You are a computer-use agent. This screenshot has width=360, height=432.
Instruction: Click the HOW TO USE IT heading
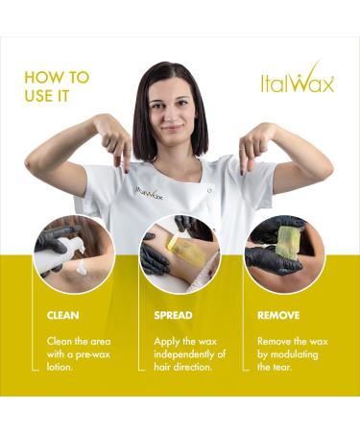point(57,86)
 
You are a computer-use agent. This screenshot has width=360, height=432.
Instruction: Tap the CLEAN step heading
point(62,315)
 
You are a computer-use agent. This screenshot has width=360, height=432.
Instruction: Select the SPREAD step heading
point(173,315)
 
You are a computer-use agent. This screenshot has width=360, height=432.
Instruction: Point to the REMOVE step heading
point(278,315)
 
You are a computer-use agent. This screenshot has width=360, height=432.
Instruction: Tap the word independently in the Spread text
point(183,354)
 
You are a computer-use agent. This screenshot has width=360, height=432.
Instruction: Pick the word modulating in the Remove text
point(294,354)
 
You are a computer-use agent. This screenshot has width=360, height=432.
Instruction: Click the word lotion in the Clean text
point(60,367)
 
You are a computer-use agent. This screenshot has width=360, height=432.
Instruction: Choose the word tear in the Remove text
point(281,367)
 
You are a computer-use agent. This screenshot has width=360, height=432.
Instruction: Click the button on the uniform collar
point(209,191)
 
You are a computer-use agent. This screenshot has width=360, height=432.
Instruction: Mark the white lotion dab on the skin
point(81,266)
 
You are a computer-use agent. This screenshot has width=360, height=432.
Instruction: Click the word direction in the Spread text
point(192,367)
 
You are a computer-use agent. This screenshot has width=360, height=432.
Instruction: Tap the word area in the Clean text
point(99,342)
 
